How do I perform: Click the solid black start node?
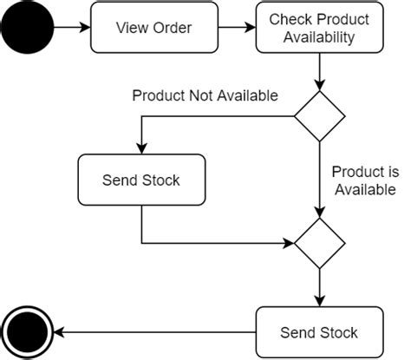(26, 28)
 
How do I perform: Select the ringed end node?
(26, 331)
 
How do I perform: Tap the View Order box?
(153, 28)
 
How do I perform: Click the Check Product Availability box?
(319, 28)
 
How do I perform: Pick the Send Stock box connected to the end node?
(319, 331)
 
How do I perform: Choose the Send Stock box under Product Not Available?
(140, 180)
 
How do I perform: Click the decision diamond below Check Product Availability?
(319, 116)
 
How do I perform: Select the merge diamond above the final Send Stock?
(319, 243)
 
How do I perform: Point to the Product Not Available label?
(205, 95)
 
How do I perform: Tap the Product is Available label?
(363, 180)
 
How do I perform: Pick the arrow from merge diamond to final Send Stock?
(319, 286)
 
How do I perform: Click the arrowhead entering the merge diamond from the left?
(289, 243)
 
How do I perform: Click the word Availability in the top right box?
(319, 36)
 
